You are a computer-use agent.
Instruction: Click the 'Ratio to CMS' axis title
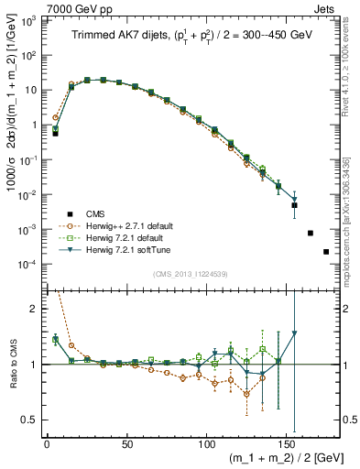tap(11, 363)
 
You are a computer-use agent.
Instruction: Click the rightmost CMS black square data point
tap(326, 251)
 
